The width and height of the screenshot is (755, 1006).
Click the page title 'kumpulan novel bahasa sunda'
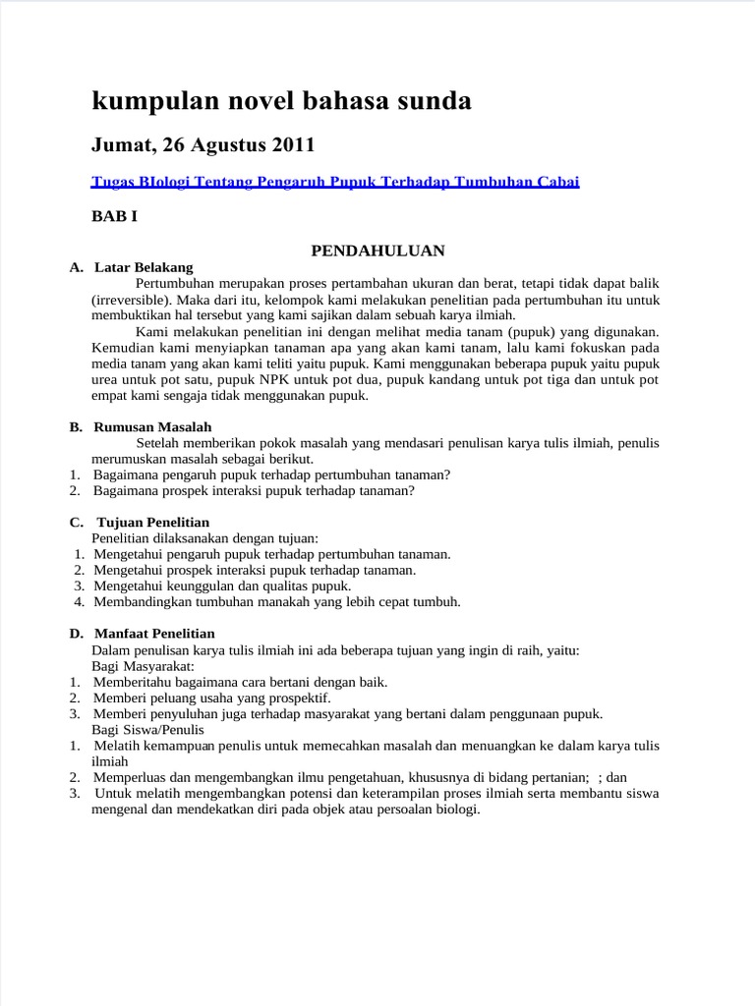coord(281,100)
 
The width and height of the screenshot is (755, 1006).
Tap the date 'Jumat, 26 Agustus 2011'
coord(203,145)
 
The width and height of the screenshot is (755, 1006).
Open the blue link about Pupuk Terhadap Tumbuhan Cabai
coord(335,182)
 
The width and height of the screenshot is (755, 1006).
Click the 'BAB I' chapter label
coord(114,217)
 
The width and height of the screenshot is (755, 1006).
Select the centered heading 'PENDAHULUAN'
coord(377,251)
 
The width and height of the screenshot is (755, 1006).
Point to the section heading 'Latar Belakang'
coord(144,267)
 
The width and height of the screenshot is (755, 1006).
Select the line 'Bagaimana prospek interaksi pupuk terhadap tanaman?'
coord(255,490)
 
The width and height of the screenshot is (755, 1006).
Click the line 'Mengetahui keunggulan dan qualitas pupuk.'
coord(222,586)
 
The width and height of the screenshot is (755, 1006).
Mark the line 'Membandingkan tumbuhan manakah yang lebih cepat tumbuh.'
coord(277,601)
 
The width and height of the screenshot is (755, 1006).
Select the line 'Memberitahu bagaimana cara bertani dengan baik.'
coord(241,682)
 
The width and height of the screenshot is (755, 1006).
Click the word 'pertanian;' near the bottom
coord(558,777)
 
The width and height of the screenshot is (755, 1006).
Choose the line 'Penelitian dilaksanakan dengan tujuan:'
coord(204,538)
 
